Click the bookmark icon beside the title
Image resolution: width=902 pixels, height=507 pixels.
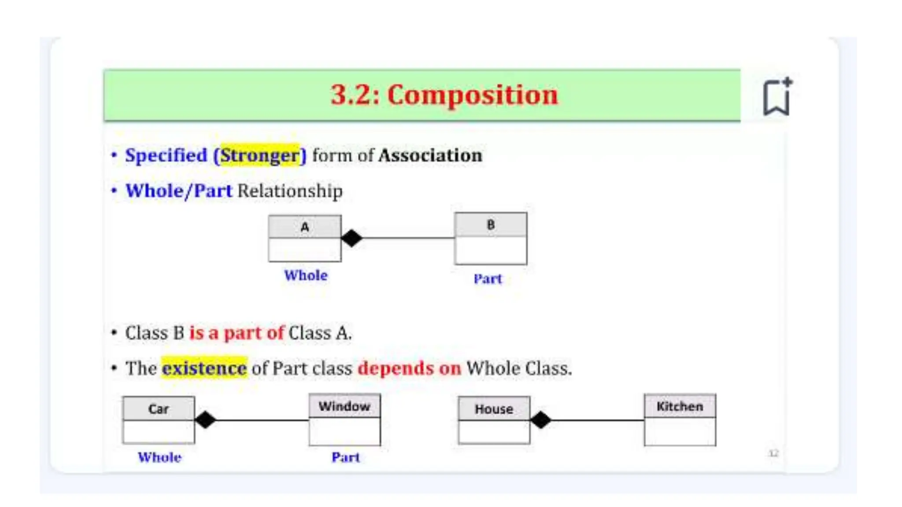(776, 97)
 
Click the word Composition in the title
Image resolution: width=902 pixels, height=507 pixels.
(472, 95)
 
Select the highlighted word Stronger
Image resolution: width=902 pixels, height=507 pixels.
(260, 155)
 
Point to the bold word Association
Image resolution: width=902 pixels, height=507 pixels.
(430, 155)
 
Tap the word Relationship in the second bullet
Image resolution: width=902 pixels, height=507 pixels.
(290, 191)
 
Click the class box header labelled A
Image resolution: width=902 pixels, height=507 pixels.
(305, 227)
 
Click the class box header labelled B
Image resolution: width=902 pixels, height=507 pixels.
(491, 225)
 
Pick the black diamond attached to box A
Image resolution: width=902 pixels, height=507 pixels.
(351, 238)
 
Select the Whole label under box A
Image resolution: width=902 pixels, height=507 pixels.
(306, 276)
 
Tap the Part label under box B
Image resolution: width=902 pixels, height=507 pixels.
(488, 279)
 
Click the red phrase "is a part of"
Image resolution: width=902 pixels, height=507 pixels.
(237, 333)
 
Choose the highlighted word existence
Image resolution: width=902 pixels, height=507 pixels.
(204, 368)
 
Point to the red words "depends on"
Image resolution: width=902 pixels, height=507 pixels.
(409, 368)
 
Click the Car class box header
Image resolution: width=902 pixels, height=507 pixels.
(159, 409)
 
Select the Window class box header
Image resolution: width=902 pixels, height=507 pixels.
(344, 406)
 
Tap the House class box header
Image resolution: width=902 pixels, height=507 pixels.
(494, 409)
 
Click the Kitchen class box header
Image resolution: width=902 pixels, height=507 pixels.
(680, 406)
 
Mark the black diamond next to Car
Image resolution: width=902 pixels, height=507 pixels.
(205, 420)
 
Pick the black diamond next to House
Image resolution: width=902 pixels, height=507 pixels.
(541, 420)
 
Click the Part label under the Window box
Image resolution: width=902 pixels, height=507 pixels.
(346, 457)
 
